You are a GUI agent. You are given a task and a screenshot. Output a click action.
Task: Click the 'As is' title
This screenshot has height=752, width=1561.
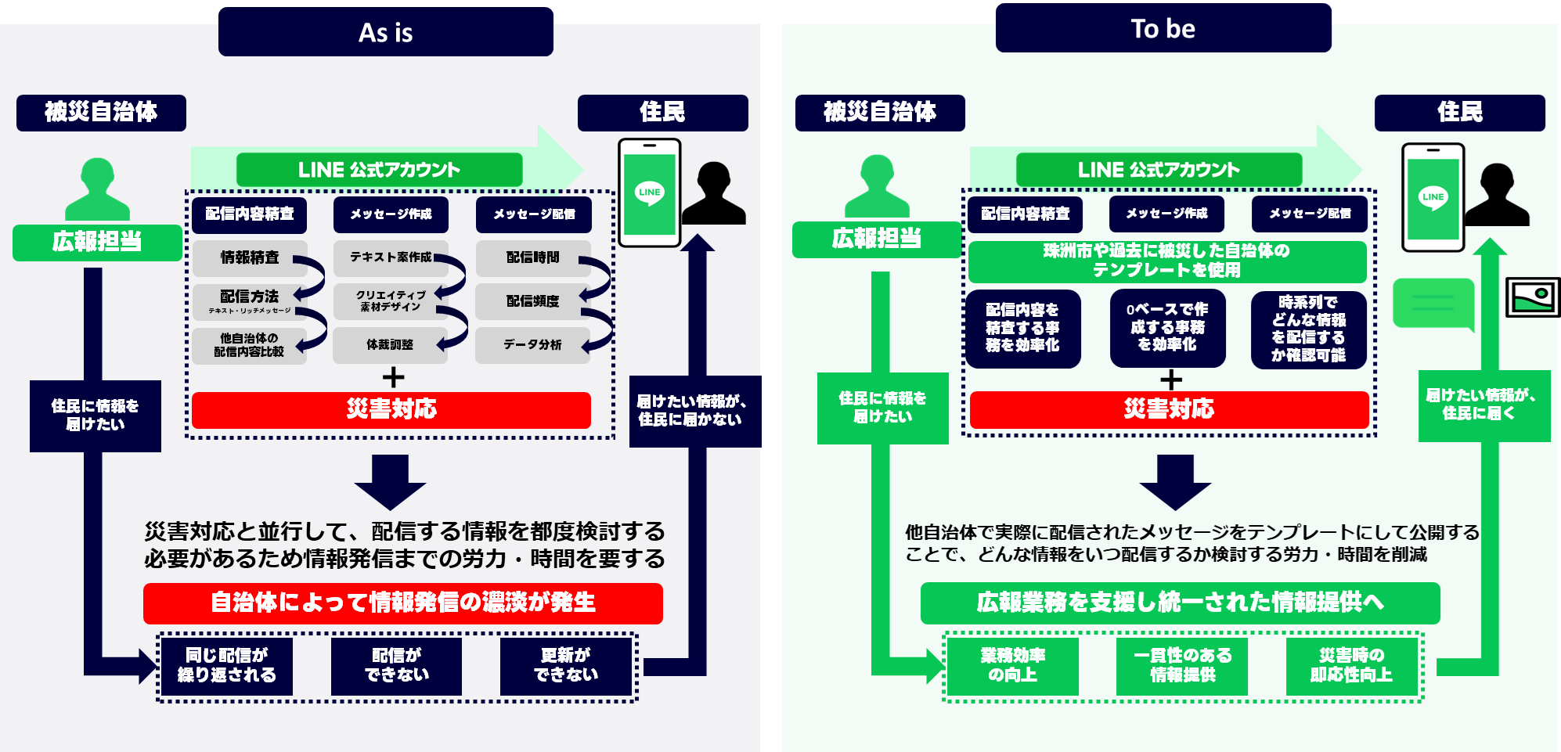point(386,33)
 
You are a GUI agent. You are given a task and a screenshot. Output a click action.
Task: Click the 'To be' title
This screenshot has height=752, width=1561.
point(1163,29)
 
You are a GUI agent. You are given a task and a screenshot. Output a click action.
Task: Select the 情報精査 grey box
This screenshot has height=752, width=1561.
point(250,258)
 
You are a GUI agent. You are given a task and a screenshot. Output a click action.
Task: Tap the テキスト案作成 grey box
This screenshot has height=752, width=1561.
point(391,258)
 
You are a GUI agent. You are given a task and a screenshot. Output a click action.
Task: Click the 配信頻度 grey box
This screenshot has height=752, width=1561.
point(532,301)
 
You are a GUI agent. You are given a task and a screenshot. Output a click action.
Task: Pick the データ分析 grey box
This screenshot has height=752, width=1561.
point(532,345)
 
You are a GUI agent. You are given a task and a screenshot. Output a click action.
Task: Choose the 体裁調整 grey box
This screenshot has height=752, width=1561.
point(390,345)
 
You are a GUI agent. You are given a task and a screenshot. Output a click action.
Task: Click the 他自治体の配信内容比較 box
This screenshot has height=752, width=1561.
point(249,345)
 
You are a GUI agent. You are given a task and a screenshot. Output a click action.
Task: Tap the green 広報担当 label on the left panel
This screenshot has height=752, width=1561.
point(97,242)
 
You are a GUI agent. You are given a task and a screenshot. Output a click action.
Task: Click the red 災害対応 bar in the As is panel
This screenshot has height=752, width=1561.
point(391,409)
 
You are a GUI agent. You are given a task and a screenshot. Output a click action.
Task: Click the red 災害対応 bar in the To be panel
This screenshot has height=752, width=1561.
point(1169,409)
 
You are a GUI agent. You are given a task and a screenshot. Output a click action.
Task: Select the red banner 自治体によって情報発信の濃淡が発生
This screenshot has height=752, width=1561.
point(402,603)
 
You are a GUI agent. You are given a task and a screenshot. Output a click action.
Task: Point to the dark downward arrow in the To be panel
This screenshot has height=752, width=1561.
point(1175,482)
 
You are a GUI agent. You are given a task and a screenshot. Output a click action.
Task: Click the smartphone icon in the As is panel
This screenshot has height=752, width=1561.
point(650,192)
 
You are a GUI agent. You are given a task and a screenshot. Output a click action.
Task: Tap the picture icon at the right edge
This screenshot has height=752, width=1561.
point(1532,297)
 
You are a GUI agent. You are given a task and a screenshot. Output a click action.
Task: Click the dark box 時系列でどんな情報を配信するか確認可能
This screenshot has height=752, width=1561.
point(1308,329)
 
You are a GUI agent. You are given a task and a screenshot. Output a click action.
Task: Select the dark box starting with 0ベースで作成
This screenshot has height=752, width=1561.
point(1167,328)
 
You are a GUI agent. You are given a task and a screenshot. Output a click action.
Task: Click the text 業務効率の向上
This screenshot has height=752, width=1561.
point(1013,665)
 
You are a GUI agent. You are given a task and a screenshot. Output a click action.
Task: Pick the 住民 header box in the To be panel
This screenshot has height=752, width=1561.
point(1459,113)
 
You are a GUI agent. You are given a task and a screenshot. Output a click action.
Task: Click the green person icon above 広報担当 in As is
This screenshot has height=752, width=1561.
point(98,189)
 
